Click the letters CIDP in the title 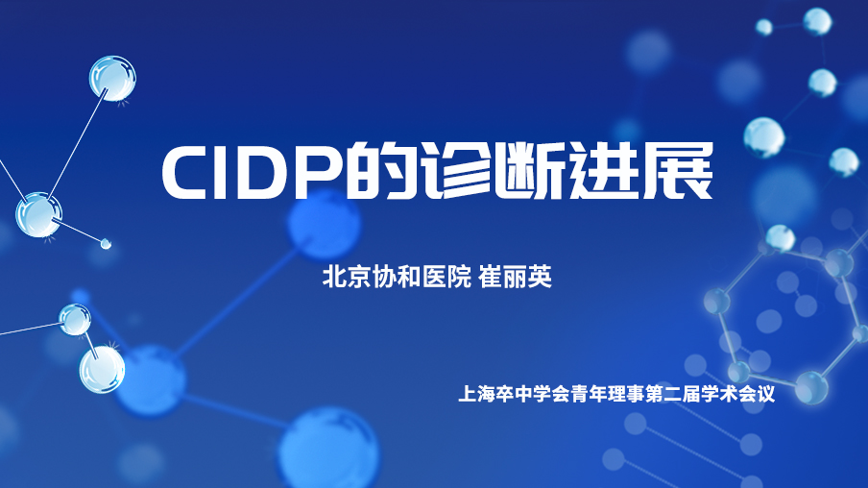pos(251,172)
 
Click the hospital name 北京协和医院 pos(397,277)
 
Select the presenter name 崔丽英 pos(515,277)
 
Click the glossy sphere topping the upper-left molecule pos(112,78)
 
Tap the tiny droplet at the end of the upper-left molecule pos(106,243)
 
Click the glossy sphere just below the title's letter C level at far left pos(38,215)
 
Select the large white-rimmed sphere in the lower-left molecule pos(102,370)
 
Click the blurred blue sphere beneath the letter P pos(324,225)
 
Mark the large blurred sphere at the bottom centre pos(329,450)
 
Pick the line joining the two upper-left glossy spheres pos(77,144)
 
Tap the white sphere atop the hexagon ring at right pos(780,238)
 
